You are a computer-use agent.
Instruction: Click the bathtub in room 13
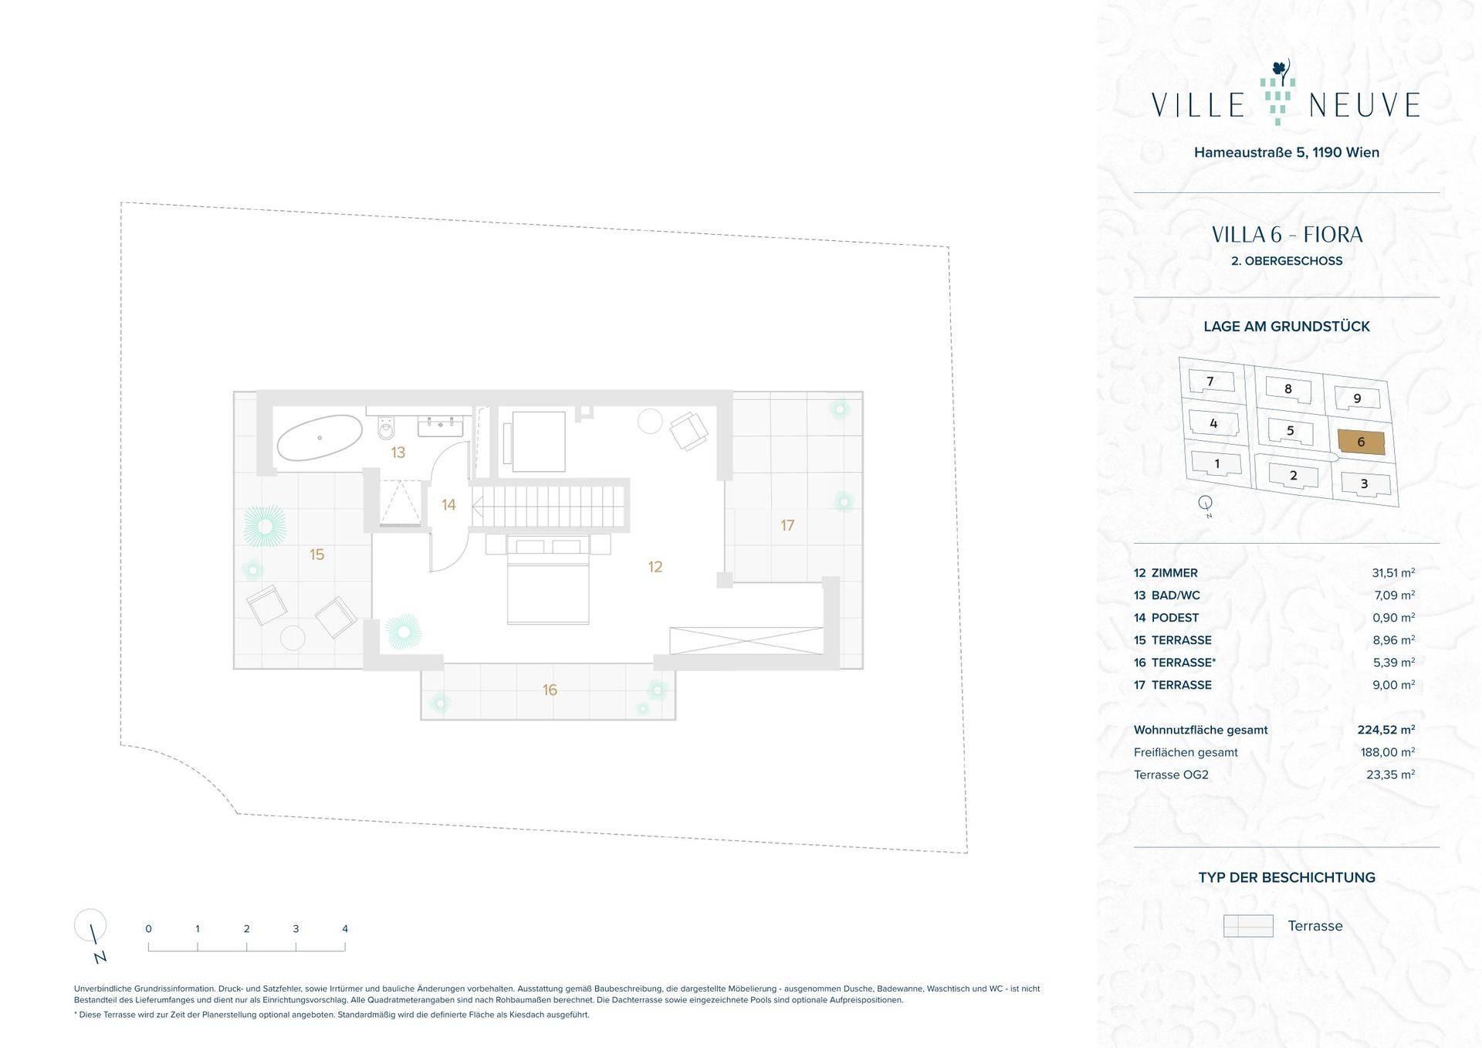point(319,437)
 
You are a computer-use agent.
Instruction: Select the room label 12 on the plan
point(655,567)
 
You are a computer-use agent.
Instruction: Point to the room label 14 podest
point(448,505)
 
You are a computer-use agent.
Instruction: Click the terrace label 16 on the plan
point(550,690)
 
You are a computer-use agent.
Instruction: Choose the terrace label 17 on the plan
point(787,525)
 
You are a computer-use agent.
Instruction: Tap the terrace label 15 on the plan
point(316,555)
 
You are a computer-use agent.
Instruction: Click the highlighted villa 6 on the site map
point(1361,442)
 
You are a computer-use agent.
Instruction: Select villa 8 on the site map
point(1287,390)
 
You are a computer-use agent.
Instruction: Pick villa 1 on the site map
point(1217,463)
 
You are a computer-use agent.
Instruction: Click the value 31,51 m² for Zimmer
point(1393,573)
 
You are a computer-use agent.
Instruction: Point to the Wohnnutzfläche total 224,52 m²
point(1386,730)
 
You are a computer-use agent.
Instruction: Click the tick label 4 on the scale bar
point(345,929)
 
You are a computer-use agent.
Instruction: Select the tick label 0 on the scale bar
point(148,929)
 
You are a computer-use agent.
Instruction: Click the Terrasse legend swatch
point(1248,926)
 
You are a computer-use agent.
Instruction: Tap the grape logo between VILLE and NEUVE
point(1276,93)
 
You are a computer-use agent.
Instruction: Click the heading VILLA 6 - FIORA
point(1287,235)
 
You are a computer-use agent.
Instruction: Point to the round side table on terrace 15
point(293,637)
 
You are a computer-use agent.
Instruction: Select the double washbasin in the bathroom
point(441,426)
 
